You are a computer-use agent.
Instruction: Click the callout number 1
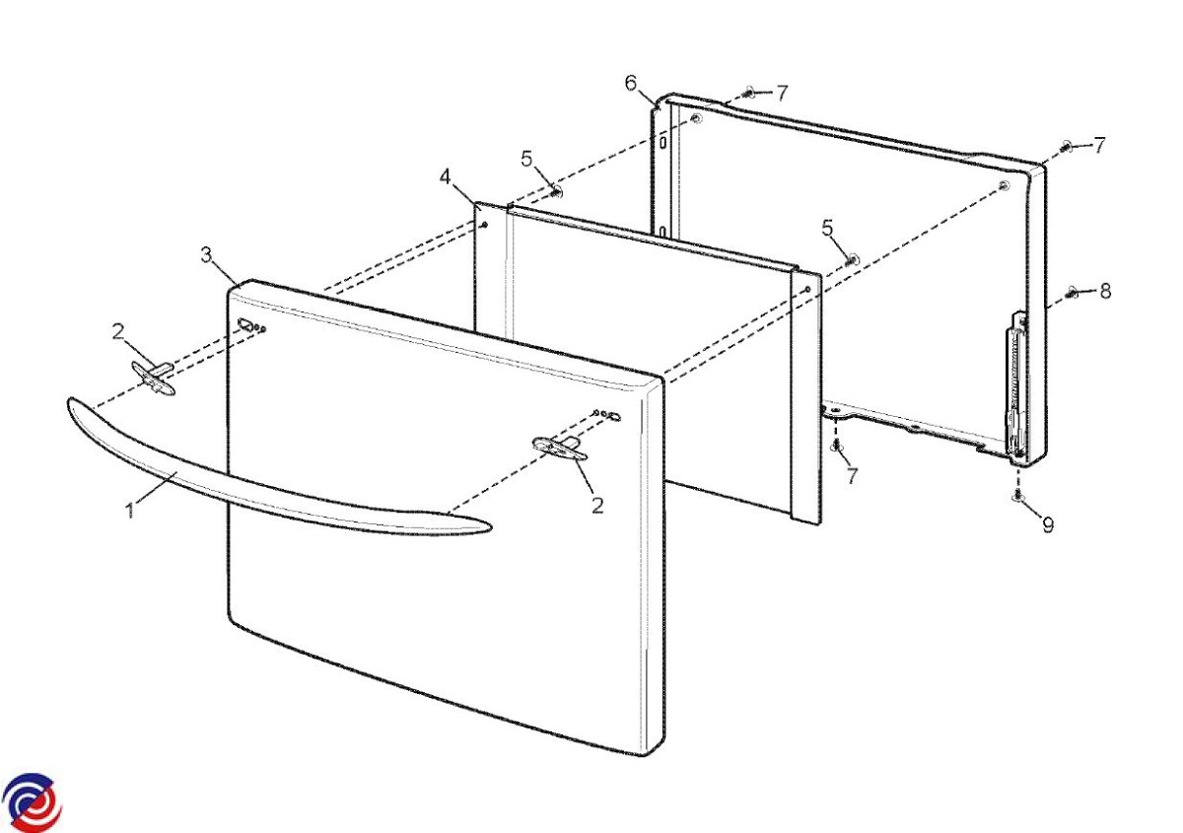[x=130, y=511]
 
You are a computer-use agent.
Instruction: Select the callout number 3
[x=206, y=255]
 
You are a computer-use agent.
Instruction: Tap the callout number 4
[x=446, y=177]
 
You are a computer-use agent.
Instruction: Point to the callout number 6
[x=631, y=83]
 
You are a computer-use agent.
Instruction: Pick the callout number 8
[x=1105, y=291]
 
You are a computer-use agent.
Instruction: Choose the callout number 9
[x=1048, y=525]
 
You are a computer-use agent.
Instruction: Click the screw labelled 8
[x=1073, y=291]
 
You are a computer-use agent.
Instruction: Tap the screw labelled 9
[x=1017, y=496]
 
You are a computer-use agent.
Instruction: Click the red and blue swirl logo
[x=32, y=802]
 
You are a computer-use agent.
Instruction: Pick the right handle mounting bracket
[x=559, y=449]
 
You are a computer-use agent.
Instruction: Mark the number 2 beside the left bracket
[x=118, y=331]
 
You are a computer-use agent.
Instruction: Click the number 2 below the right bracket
[x=597, y=506]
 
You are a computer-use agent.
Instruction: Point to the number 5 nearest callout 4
[x=526, y=159]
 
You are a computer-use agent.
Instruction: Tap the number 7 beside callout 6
[x=782, y=94]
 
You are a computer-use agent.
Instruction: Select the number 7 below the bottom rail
[x=852, y=476]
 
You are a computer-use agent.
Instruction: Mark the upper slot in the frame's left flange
[x=661, y=143]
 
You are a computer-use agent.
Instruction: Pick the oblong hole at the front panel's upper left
[x=245, y=323]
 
